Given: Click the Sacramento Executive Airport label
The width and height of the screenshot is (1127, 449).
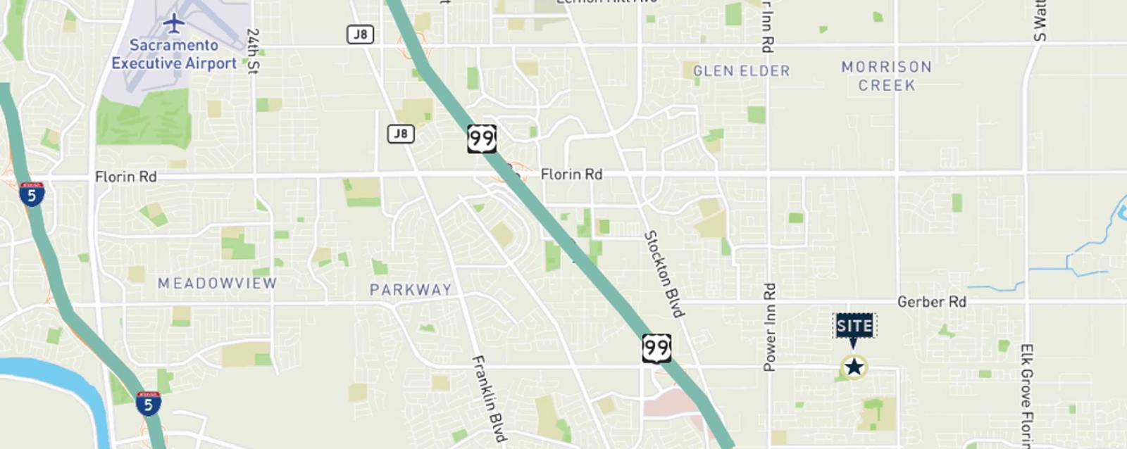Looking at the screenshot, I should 174,54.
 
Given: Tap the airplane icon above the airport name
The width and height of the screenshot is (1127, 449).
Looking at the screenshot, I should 173,23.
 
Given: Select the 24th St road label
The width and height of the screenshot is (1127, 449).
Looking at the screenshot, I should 253,51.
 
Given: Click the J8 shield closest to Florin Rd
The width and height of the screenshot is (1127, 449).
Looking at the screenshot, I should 400,134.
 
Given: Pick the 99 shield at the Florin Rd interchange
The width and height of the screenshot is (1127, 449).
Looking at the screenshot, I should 481,139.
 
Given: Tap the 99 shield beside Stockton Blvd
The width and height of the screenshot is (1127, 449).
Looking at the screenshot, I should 656,348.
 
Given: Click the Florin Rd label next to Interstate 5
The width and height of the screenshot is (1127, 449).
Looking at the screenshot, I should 125,177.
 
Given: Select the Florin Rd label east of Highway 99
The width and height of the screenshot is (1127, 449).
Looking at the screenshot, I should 571,174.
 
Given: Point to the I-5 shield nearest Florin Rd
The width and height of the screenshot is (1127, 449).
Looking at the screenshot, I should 32,194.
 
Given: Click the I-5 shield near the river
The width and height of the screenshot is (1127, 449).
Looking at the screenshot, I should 148,403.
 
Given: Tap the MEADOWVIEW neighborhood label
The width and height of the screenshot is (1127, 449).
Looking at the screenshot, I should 217,283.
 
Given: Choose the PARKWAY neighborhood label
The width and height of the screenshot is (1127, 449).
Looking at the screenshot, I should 411,289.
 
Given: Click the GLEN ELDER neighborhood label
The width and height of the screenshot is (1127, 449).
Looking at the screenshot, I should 741,71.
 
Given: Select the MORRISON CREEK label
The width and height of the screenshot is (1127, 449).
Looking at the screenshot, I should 886,76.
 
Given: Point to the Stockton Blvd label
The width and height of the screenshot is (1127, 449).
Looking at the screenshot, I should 664,274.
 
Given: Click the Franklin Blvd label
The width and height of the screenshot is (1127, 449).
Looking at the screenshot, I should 489,398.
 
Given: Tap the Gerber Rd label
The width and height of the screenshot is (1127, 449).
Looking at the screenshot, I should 931,302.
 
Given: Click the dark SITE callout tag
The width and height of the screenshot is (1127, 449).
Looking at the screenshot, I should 854,326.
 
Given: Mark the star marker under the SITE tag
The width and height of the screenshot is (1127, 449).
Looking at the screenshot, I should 854,367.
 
